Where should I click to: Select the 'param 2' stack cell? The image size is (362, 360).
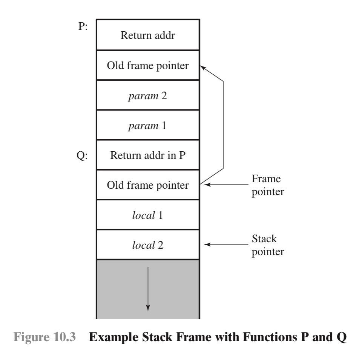pos(148,95)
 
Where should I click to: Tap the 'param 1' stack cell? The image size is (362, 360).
pos(148,125)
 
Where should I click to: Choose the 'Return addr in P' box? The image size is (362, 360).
pos(148,155)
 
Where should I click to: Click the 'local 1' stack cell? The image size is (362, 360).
pos(148,215)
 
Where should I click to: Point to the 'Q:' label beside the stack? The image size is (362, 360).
pos(82,155)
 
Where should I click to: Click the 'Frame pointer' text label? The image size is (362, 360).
pos(268,185)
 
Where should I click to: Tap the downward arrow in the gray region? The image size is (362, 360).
pos(148,289)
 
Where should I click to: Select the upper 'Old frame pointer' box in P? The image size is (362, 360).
pos(148,66)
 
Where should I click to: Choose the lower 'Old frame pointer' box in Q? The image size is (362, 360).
pos(148,185)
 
